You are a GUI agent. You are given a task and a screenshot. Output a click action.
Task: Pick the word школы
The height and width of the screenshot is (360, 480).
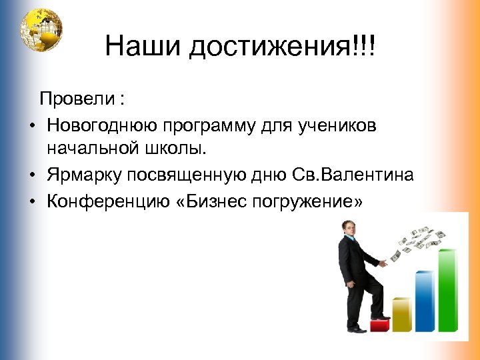pyautogui.click(x=172, y=149)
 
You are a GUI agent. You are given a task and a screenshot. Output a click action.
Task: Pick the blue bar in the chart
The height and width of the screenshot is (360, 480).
pyautogui.click(x=424, y=301)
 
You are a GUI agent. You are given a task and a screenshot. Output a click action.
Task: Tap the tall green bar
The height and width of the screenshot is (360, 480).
pyautogui.click(x=447, y=290)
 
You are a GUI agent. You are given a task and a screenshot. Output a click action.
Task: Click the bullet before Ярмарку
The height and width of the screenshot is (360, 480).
pyautogui.click(x=32, y=175)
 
